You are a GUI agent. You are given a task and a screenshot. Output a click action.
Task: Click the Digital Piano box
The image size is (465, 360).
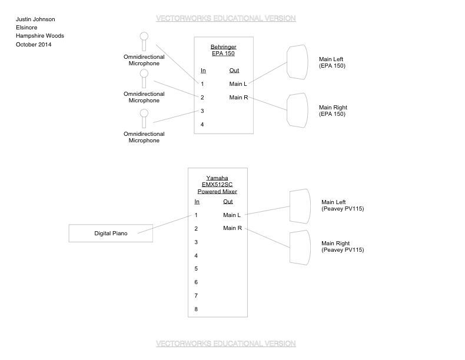click(x=111, y=233)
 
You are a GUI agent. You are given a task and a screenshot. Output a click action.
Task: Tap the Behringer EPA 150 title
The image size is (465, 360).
click(x=223, y=50)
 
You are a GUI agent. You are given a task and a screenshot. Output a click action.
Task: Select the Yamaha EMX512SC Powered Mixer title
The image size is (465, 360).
click(x=217, y=185)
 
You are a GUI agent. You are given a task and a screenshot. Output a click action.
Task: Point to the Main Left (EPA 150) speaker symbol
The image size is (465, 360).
click(x=297, y=62)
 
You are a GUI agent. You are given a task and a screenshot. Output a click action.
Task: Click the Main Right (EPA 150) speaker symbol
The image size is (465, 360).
click(x=297, y=110)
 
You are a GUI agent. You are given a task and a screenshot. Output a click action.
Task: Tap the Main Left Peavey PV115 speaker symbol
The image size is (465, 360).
click(x=300, y=206)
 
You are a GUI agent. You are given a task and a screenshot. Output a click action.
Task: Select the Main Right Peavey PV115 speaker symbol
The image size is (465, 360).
click(x=300, y=247)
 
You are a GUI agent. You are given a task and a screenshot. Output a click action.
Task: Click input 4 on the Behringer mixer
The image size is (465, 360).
click(x=202, y=125)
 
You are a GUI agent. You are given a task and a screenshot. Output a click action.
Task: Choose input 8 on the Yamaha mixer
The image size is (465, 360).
click(x=196, y=309)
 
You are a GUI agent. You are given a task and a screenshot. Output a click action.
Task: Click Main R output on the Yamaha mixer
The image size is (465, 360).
click(x=232, y=228)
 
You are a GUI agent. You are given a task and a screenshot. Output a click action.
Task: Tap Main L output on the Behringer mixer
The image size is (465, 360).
click(x=238, y=84)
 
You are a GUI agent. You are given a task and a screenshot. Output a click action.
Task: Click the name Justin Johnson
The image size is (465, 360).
click(x=35, y=19)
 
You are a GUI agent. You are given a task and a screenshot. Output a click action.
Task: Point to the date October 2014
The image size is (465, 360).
click(x=34, y=44)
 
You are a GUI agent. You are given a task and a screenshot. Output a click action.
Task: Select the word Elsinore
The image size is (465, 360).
click(x=26, y=28)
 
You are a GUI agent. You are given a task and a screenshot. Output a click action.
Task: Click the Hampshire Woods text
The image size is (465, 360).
click(x=40, y=36)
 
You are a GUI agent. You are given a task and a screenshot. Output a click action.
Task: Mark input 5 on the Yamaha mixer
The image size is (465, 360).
click(x=196, y=269)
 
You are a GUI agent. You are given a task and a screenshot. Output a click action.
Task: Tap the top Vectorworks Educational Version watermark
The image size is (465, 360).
click(x=225, y=19)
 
